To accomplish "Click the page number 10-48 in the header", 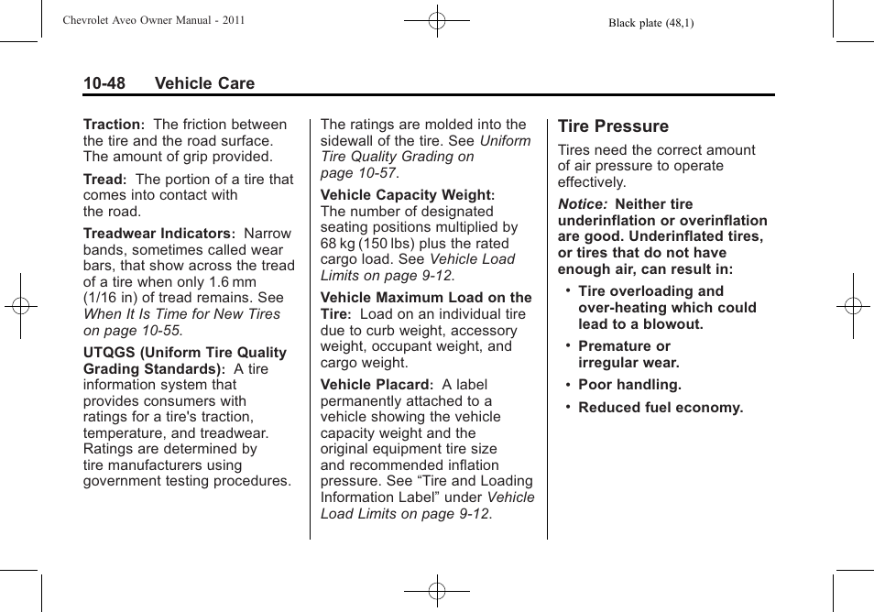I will [x=104, y=83].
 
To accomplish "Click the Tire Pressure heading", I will [x=613, y=126].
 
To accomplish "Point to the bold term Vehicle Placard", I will [x=375, y=385].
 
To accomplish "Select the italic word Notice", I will [x=582, y=204].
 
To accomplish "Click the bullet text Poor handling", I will [x=629, y=386].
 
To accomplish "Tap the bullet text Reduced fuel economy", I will [x=661, y=408].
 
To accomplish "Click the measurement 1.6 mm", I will [x=233, y=282].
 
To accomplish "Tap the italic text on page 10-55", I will [x=133, y=330].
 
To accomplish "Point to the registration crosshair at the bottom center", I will [x=437, y=591].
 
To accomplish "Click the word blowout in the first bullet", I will [x=674, y=324].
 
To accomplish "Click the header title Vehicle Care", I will [x=204, y=83].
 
